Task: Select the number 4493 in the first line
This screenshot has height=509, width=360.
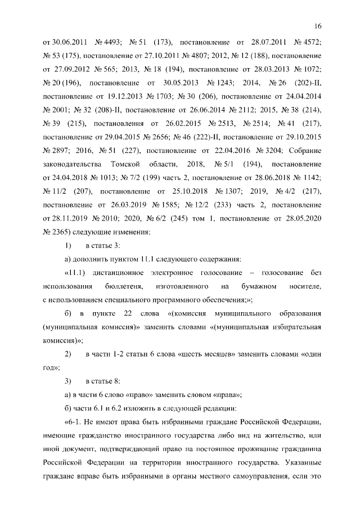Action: pyautogui.click(x=111, y=43)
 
